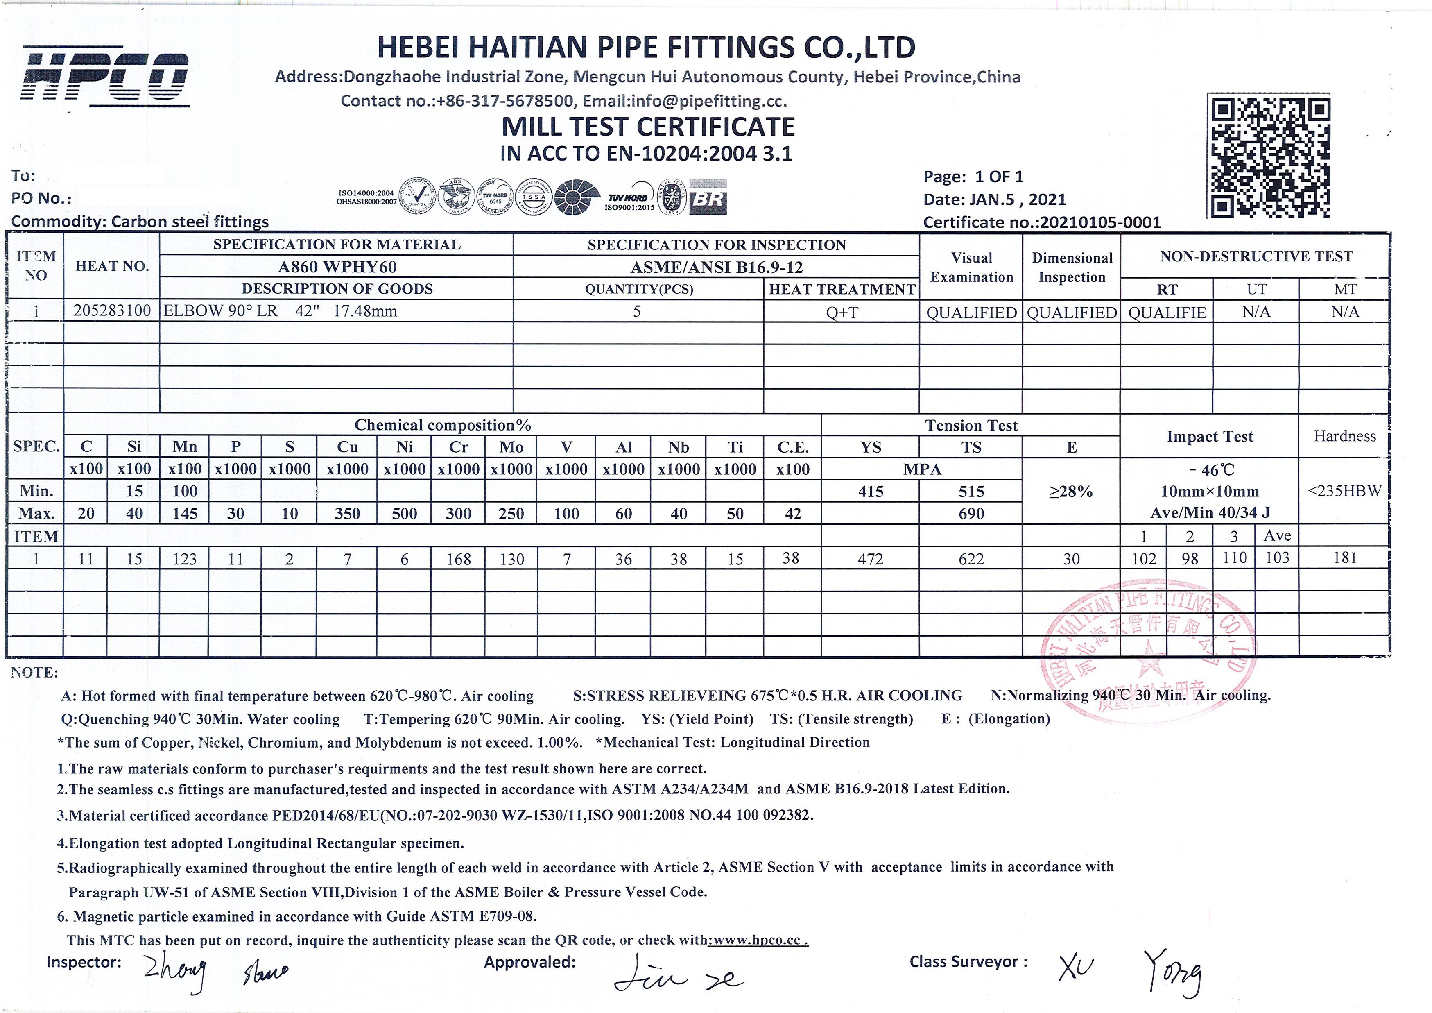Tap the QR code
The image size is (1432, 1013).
pyautogui.click(x=1269, y=156)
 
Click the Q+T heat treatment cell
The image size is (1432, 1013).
pyautogui.click(x=842, y=312)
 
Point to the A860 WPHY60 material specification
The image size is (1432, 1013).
pyautogui.click(x=337, y=267)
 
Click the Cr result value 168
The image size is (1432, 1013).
pyautogui.click(x=458, y=559)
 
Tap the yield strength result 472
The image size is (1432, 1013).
pyautogui.click(x=870, y=559)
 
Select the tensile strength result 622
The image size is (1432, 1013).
pyautogui.click(x=971, y=559)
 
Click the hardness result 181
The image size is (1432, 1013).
pyautogui.click(x=1345, y=557)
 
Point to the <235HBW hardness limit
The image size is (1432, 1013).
pyautogui.click(x=1345, y=491)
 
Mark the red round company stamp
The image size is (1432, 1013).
pyautogui.click(x=1147, y=649)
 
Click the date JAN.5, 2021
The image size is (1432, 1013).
pyautogui.click(x=1017, y=199)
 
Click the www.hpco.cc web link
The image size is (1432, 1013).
pyautogui.click(x=758, y=940)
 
